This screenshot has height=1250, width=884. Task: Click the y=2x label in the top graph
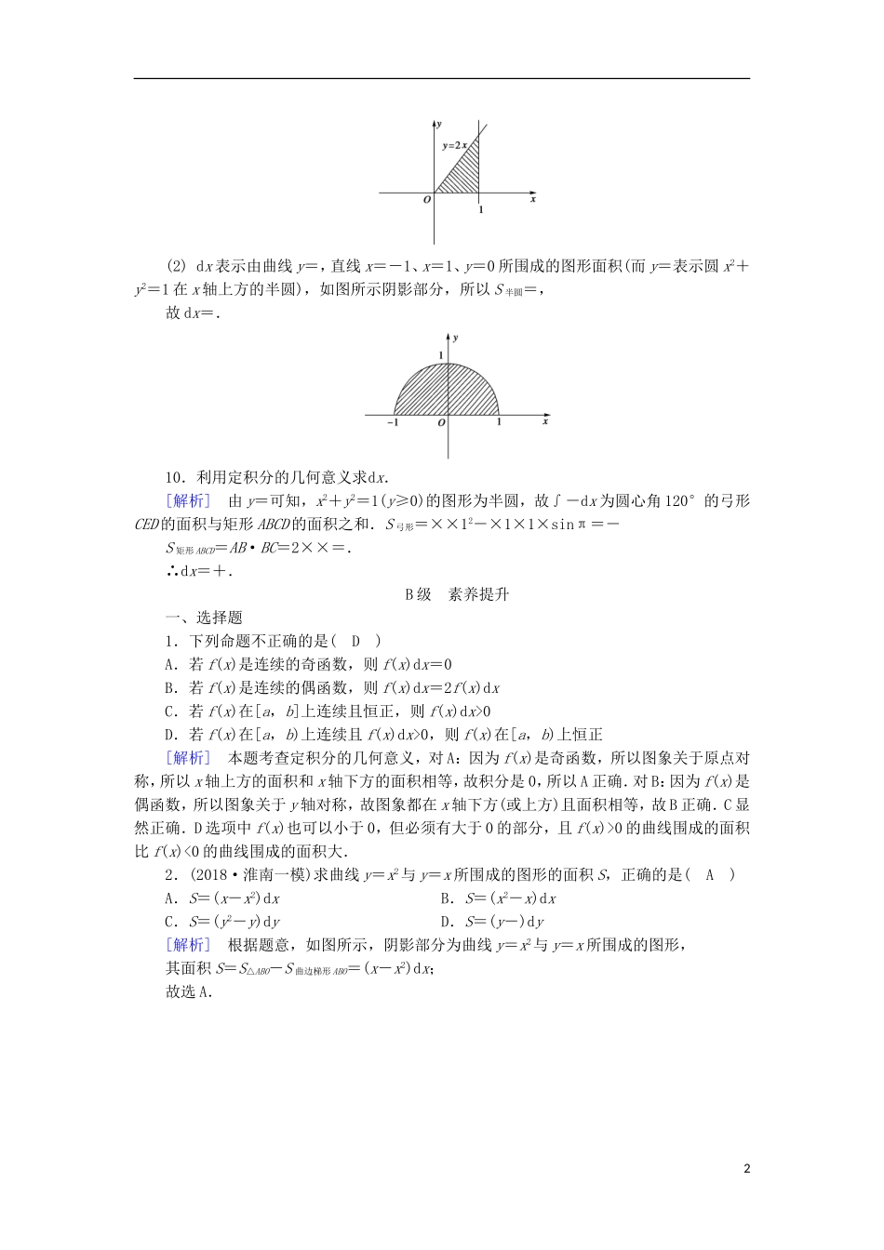(x=453, y=145)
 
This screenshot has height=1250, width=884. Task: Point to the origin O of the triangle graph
(x=427, y=199)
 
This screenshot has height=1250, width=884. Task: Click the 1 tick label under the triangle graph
(x=480, y=210)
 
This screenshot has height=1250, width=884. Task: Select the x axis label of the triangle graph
(x=533, y=199)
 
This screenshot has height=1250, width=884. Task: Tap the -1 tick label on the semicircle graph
(x=393, y=423)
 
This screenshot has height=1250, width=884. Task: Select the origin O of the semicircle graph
(x=440, y=423)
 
